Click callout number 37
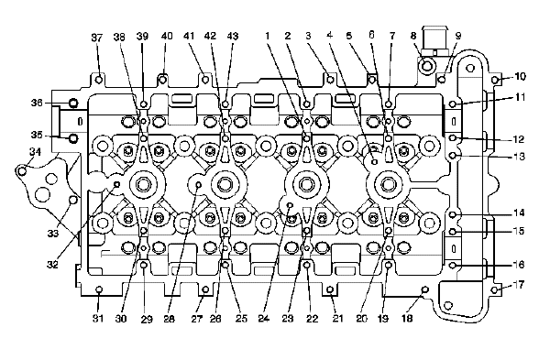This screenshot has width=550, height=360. point(97,38)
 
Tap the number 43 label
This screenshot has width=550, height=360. point(233,36)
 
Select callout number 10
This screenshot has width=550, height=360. point(521,76)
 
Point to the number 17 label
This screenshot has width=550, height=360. point(520,285)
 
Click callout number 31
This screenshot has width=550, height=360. point(98,318)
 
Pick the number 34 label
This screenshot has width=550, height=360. point(35,152)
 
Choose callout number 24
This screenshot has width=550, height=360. point(264,318)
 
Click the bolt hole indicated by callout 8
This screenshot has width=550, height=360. point(427,65)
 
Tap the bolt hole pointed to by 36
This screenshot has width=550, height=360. point(73,104)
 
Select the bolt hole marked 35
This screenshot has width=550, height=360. point(73,138)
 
